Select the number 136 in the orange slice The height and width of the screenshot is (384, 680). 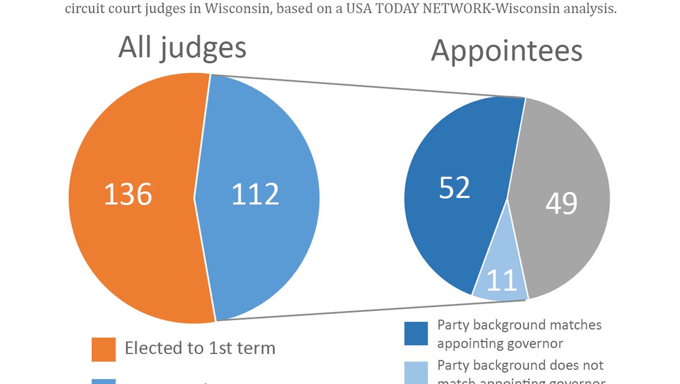pos(128,194)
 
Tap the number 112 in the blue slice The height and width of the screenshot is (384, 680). pos(256,194)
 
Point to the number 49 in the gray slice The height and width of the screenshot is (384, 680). pos(561,203)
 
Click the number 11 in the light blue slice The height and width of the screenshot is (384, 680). pos(501,280)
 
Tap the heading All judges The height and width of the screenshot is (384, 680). pos(182,48)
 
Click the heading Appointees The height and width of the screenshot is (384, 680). pos(506,51)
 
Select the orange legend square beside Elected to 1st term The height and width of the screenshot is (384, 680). pos(103,349)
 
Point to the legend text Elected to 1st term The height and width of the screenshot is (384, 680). pos(199,348)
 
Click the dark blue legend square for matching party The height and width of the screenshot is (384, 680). pos(415,334)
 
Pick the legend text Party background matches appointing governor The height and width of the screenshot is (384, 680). pos(518,334)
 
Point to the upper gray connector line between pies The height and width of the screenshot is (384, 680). pos(368,86)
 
